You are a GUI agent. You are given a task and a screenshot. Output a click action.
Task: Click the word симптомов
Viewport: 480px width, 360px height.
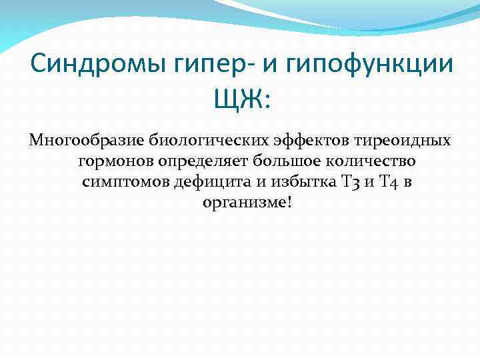point(125,181)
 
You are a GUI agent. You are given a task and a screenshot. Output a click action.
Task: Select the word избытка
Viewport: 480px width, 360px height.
point(283,181)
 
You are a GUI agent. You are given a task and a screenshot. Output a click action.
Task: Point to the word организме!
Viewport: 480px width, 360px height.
point(247,201)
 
